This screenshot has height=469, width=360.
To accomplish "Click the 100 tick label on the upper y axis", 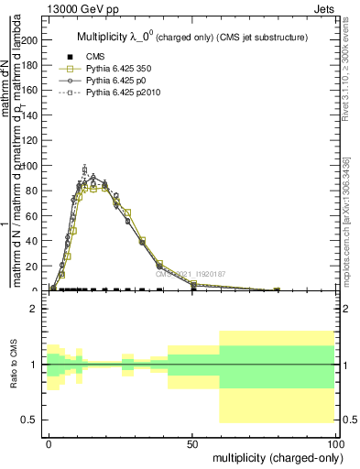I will (30, 166).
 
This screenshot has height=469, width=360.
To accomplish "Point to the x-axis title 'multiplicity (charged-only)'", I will (275, 456).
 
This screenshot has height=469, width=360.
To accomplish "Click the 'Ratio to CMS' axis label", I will (15, 365).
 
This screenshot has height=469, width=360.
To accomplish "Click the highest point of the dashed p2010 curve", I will (85, 169).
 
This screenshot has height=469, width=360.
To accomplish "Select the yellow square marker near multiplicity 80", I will (277, 289).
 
